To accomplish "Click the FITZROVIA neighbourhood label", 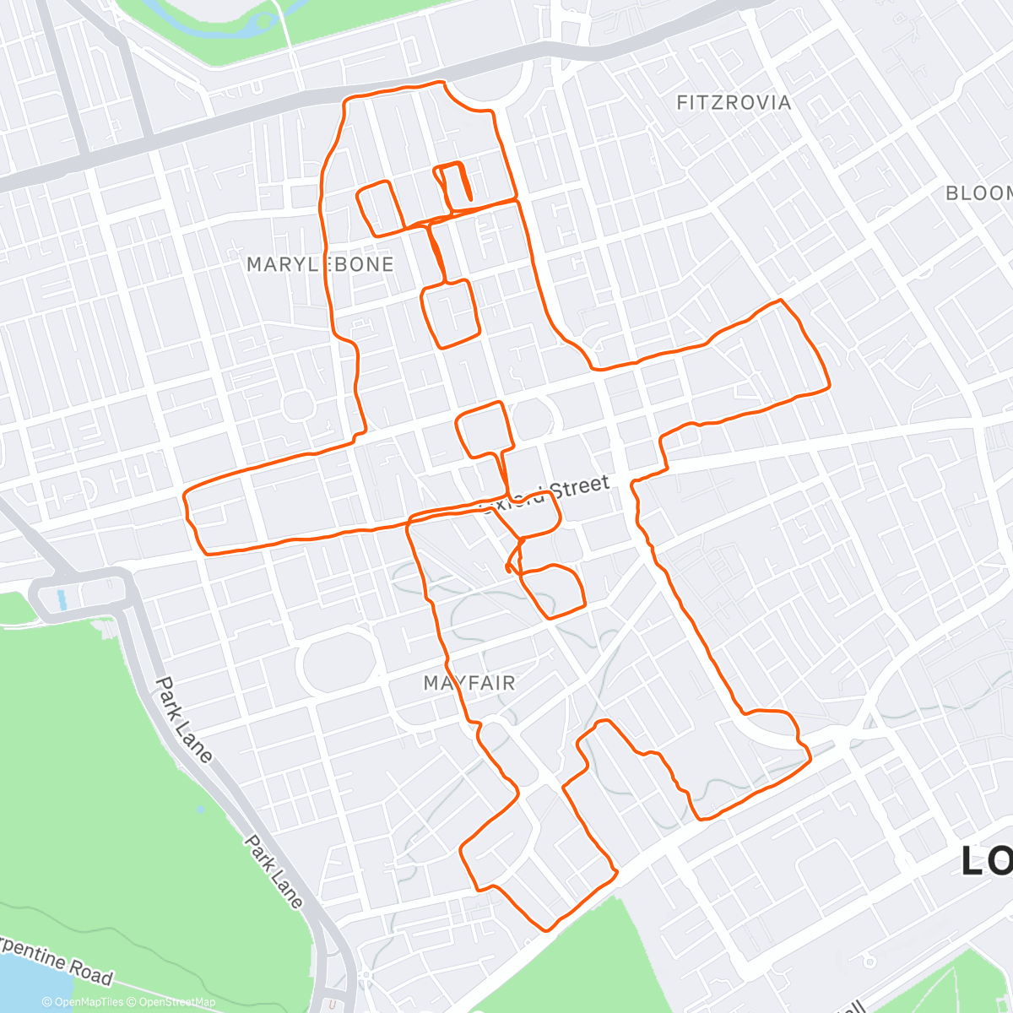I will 734,103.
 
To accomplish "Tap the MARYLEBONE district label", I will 320,264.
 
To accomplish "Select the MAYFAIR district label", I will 469,683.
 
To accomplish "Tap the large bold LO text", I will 987,861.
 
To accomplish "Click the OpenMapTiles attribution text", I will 88,1002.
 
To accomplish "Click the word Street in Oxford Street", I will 579,488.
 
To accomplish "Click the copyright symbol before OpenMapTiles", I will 47,1002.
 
